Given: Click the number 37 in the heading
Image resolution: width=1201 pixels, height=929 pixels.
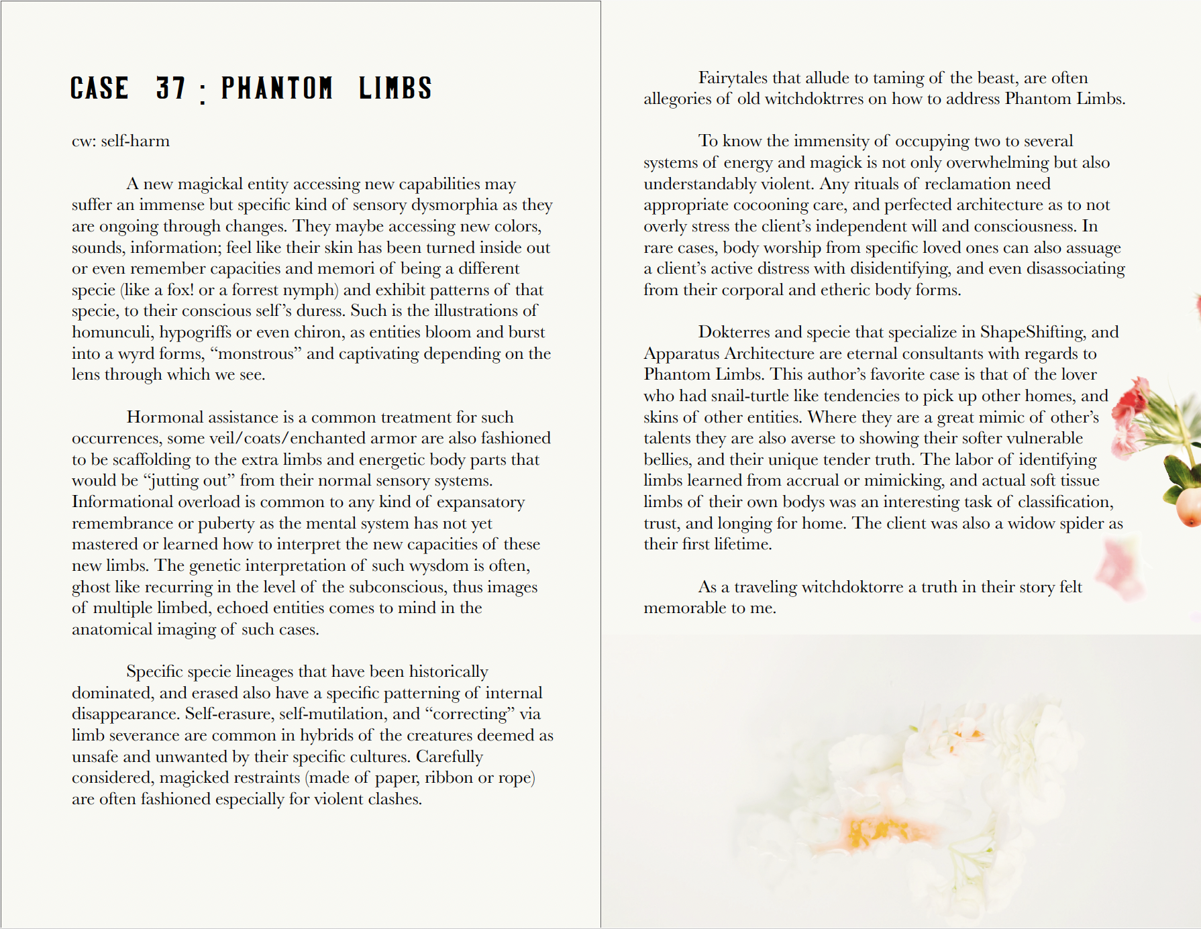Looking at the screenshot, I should [x=170, y=89].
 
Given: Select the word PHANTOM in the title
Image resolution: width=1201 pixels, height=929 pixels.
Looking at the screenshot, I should [x=276, y=89].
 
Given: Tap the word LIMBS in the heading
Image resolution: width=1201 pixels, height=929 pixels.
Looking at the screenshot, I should [x=395, y=89].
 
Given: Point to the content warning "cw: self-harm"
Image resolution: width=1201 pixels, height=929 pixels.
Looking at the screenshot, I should [x=121, y=141].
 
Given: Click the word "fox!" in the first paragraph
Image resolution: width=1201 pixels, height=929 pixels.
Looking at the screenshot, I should [x=180, y=290].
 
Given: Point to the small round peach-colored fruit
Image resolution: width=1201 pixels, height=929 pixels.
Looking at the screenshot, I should [x=1188, y=508].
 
